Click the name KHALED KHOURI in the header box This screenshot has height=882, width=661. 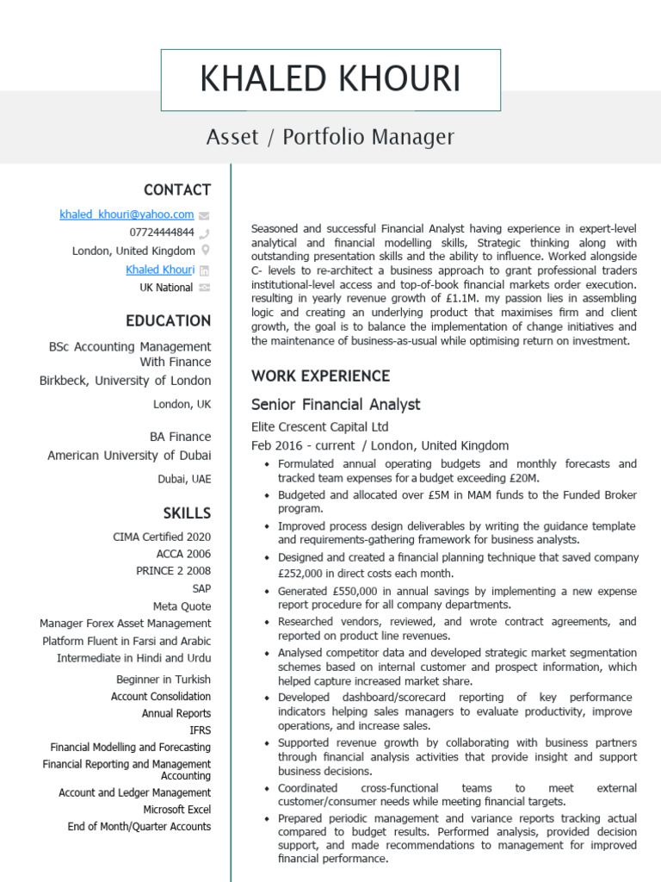click(x=330, y=79)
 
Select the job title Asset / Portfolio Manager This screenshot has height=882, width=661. click(x=330, y=137)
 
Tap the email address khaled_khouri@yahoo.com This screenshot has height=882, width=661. click(x=127, y=214)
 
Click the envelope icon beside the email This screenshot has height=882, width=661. click(x=204, y=215)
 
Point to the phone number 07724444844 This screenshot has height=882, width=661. click(x=162, y=233)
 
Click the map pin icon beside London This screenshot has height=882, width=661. click(x=205, y=251)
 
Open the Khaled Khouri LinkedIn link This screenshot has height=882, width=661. click(x=160, y=270)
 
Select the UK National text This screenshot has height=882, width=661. click(x=166, y=288)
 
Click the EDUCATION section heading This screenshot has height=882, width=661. click(x=168, y=321)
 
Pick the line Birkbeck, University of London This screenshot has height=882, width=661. click(x=125, y=381)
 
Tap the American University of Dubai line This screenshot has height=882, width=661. click(x=129, y=456)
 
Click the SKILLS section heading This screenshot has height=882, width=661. click(x=187, y=513)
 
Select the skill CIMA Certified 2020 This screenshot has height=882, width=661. click(x=162, y=537)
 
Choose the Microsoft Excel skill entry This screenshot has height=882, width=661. click(x=177, y=810)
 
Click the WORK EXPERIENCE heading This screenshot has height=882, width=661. click(x=320, y=376)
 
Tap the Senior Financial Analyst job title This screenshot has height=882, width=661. click(x=336, y=405)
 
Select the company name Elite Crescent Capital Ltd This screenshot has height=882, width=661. click(x=319, y=427)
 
